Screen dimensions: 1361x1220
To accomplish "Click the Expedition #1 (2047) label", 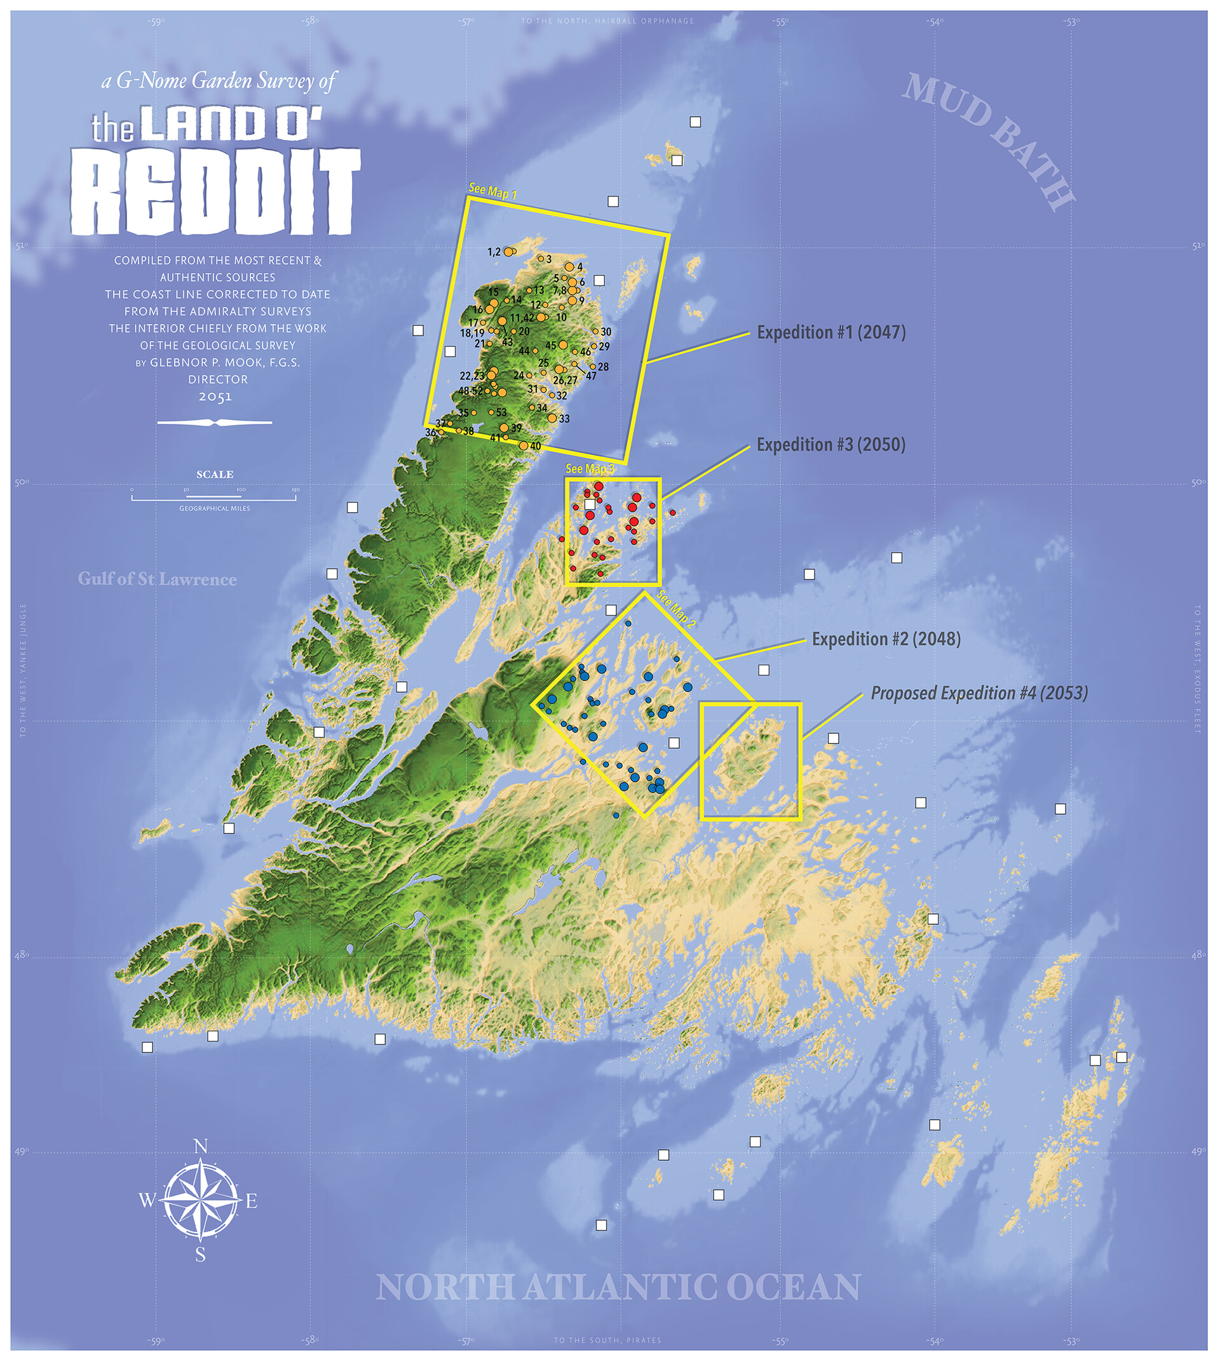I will pyautogui.click(x=830, y=332).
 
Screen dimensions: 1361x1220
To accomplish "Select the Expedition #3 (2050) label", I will pyautogui.click(x=830, y=445).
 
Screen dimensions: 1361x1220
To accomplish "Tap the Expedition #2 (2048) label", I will pyautogui.click(x=886, y=639).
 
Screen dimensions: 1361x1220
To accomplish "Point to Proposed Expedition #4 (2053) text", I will pyautogui.click(x=979, y=693).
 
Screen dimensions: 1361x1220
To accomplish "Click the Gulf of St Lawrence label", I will pyautogui.click(x=157, y=579).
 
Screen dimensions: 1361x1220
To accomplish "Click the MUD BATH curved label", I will pyautogui.click(x=988, y=141).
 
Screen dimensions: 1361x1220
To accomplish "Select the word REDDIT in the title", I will pyautogui.click(x=215, y=193).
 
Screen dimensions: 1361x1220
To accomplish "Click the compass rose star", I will pyautogui.click(x=200, y=1200).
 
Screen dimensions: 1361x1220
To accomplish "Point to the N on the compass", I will pyautogui.click(x=200, y=1146).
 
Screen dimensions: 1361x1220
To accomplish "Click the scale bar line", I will pyautogui.click(x=213, y=499).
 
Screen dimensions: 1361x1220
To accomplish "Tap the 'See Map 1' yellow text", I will pyautogui.click(x=492, y=191).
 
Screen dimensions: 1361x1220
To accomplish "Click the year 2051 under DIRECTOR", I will pyautogui.click(x=215, y=397).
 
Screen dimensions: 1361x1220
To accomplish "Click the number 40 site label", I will pyautogui.click(x=535, y=446).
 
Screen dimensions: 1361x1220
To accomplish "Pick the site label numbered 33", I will pyautogui.click(x=564, y=419).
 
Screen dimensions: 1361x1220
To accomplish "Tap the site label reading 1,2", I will pyautogui.click(x=493, y=252).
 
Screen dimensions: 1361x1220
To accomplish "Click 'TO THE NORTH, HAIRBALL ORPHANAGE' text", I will pyautogui.click(x=607, y=22).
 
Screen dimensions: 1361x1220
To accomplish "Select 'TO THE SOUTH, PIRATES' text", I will pyautogui.click(x=607, y=1340).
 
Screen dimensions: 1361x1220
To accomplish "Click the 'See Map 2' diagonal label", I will pyautogui.click(x=675, y=609).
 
